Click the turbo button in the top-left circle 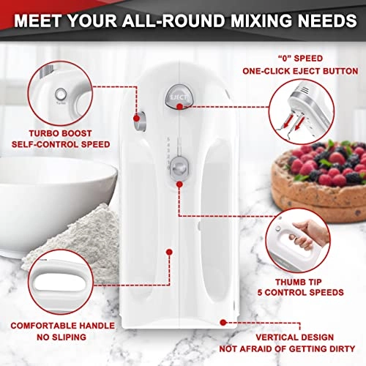point(59,94)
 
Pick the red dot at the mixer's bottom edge point(222,319)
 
